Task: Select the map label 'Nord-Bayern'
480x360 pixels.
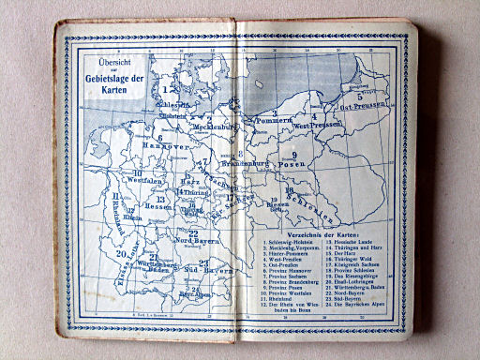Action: [x=189, y=243]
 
